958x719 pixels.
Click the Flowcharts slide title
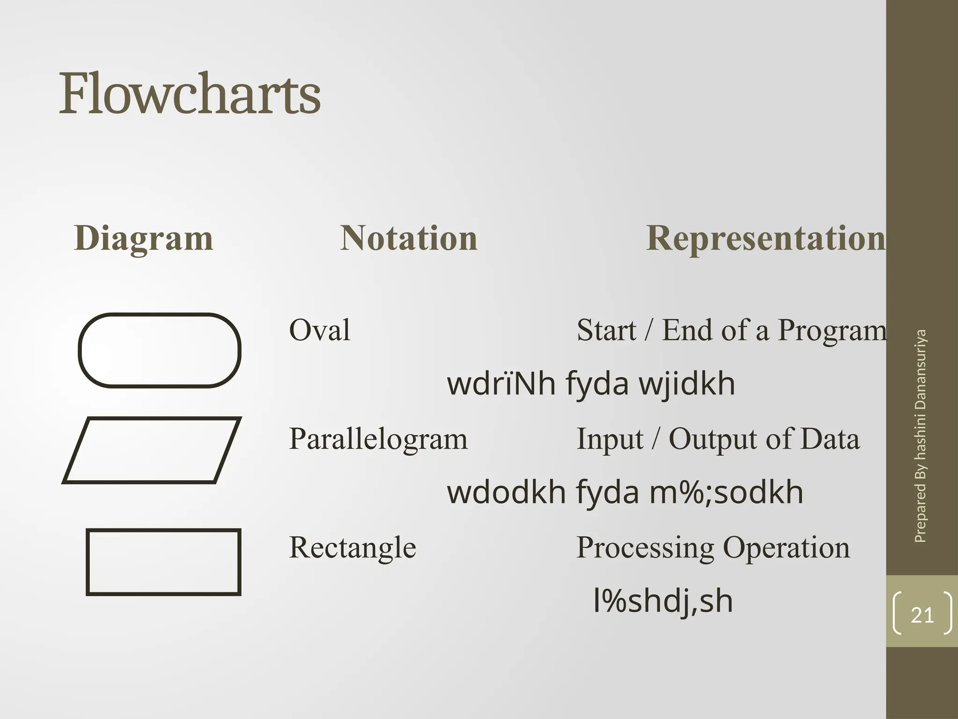coord(189,94)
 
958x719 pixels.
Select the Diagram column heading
coord(144,238)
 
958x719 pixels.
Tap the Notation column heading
coord(408,238)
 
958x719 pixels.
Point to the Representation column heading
coord(765,238)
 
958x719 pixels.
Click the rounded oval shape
coord(160,350)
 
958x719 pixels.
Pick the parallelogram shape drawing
coord(152,450)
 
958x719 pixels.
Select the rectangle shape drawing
coord(163,562)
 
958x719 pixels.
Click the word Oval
coord(319,330)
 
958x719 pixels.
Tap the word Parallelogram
coord(378,439)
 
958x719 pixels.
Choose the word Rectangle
coord(352,548)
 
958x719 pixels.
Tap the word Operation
coord(786,548)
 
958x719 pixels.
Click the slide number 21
coord(922,615)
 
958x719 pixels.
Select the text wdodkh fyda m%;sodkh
coord(625,492)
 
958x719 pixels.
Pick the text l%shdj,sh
coord(662,602)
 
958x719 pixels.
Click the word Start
coord(606,330)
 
